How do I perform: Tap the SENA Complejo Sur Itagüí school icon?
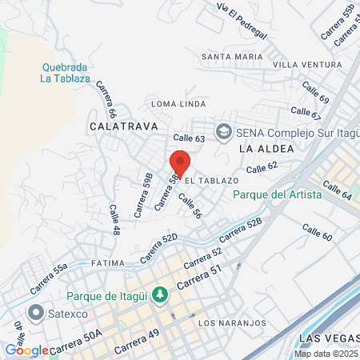click(x=223, y=130)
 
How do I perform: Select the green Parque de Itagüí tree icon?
click(x=160, y=295)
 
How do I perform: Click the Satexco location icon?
click(x=35, y=312)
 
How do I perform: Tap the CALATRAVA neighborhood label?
click(x=123, y=126)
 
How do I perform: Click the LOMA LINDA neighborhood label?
click(x=179, y=103)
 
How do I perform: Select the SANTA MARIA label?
click(x=232, y=57)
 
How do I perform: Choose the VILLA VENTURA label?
click(x=307, y=64)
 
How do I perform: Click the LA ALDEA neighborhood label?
click(x=266, y=149)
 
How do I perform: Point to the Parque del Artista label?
click(x=278, y=194)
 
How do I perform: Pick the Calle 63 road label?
click(x=189, y=138)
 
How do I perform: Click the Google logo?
click(x=26, y=350)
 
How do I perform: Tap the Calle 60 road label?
click(x=317, y=233)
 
